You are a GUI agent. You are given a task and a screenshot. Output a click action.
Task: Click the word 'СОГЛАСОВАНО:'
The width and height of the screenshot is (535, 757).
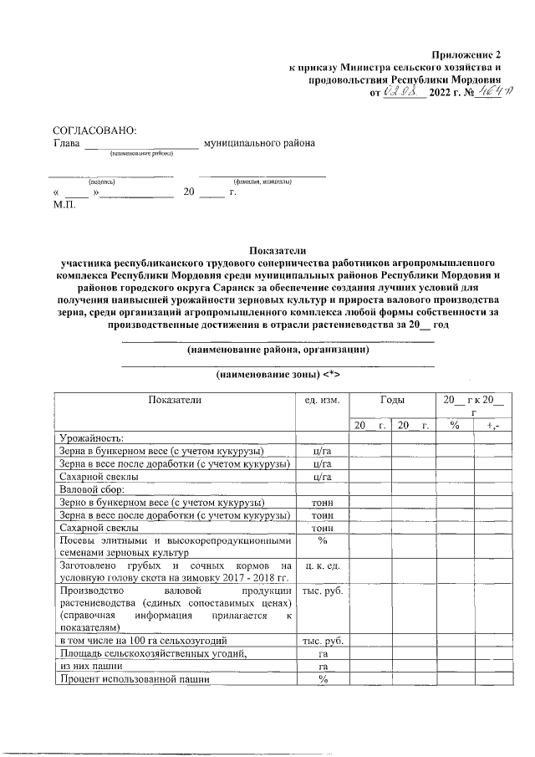(93, 130)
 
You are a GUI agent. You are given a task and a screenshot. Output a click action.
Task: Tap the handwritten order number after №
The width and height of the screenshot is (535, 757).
(485, 92)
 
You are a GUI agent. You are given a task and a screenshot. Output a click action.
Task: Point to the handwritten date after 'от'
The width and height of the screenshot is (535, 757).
(404, 92)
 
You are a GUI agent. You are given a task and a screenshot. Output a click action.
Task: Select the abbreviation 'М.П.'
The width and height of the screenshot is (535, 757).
(64, 204)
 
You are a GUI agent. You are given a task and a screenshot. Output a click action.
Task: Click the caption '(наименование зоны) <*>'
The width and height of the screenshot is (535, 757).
(278, 375)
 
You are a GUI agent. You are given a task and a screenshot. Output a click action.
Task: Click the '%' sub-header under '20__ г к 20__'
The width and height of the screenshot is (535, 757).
(455, 426)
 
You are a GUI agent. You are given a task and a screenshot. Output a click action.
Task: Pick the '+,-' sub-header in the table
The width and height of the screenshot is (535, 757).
(492, 426)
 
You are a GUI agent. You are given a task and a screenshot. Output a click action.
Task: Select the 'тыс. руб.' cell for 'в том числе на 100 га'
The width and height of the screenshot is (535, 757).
(323, 640)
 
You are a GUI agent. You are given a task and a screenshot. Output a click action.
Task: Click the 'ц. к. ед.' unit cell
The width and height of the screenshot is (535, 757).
(323, 566)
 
